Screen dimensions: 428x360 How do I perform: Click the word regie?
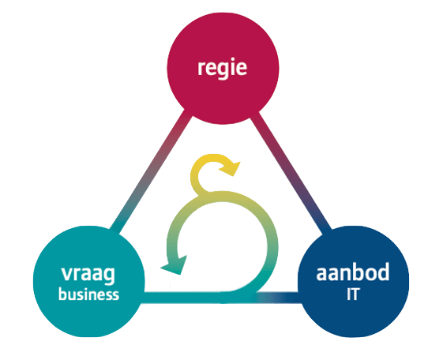(x=222, y=68)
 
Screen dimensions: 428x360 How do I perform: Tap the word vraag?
(x=88, y=275)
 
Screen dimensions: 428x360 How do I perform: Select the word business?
(x=88, y=294)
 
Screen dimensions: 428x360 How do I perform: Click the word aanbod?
(x=353, y=272)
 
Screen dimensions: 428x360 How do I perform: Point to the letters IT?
(x=353, y=294)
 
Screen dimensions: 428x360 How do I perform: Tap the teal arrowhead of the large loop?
(x=175, y=265)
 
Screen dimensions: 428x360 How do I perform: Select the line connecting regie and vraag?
(x=152, y=172)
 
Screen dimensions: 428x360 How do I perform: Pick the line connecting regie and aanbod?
(x=291, y=172)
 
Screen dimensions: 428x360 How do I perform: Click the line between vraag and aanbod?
(x=222, y=298)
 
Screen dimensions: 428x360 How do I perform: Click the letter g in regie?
(x=222, y=70)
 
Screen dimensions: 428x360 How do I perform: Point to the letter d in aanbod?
(x=383, y=272)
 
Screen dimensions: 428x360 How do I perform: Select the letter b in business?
(x=63, y=294)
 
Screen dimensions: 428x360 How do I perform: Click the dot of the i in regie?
(x=233, y=59)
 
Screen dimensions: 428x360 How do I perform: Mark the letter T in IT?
(x=355, y=294)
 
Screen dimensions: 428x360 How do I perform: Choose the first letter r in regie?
(x=201, y=68)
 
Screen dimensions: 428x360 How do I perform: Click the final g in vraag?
(x=110, y=276)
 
